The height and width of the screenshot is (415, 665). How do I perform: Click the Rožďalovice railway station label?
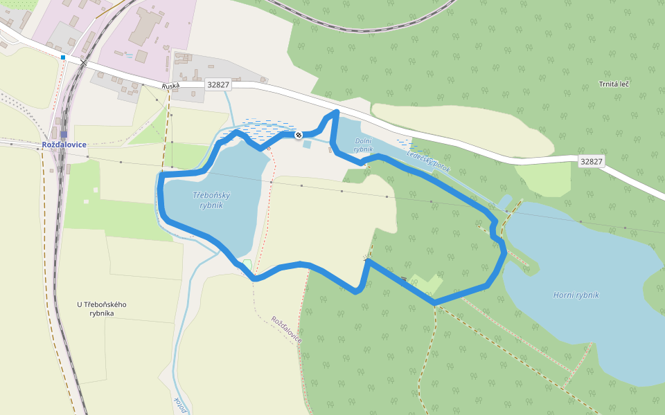tap(64, 145)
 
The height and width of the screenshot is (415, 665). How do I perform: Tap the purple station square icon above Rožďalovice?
tap(64, 134)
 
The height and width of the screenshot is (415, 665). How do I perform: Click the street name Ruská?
tap(170, 86)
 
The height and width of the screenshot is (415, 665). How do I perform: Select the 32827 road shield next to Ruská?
tap(218, 84)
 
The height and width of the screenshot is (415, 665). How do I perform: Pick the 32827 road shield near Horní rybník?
tap(592, 161)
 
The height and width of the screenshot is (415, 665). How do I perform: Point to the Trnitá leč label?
tap(614, 84)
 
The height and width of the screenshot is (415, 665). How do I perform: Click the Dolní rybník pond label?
tap(364, 145)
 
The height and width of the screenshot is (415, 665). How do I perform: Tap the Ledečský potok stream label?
tap(428, 162)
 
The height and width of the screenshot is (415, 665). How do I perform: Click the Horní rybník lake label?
tap(576, 295)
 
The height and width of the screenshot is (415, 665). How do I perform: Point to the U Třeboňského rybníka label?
tap(102, 308)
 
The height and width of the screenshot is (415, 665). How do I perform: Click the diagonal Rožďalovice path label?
tap(287, 330)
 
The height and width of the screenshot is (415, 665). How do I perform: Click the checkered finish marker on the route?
tap(299, 135)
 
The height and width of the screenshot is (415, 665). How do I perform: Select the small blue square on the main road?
tap(63, 57)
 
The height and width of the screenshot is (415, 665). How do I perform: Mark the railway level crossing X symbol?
tap(84, 63)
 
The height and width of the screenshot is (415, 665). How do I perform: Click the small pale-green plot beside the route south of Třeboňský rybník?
tap(247, 264)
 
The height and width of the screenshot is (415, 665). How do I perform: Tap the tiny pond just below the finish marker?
tap(307, 145)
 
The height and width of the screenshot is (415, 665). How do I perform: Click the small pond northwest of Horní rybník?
tap(506, 201)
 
